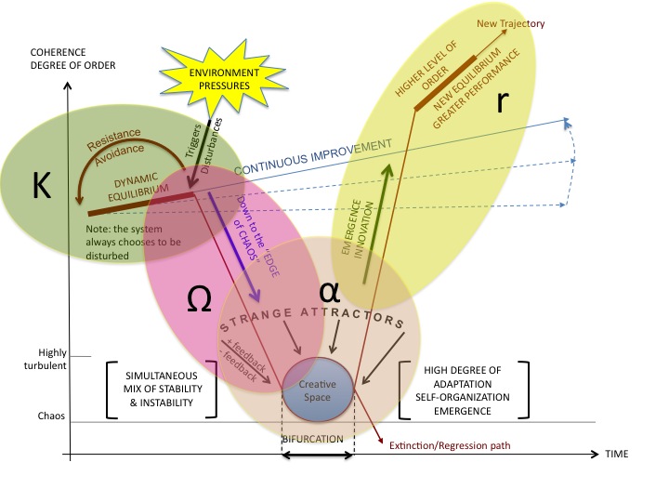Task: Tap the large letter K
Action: [42, 187]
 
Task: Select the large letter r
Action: [502, 100]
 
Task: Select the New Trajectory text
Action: [511, 23]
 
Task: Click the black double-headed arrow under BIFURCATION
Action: [317, 456]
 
